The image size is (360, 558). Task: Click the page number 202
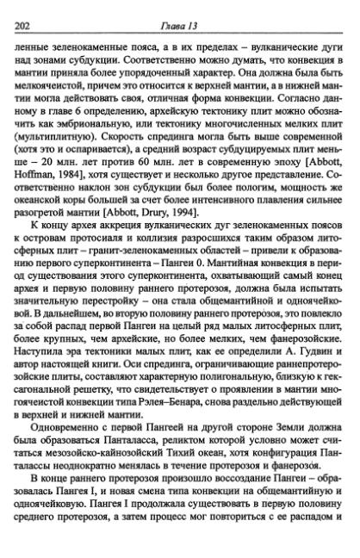pyautogui.click(x=22, y=9)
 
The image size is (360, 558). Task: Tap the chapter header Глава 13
pyautogui.click(x=182, y=9)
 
